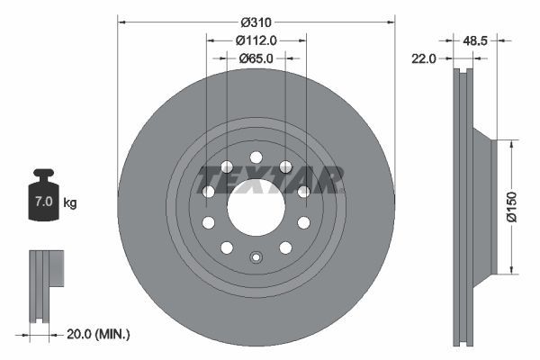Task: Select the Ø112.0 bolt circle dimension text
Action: (256, 40)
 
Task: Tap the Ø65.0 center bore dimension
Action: (256, 58)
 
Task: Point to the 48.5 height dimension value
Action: (474, 40)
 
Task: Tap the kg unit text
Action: (70, 202)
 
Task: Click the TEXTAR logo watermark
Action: (270, 178)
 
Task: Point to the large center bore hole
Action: (256, 206)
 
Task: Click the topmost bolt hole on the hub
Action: (256, 157)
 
